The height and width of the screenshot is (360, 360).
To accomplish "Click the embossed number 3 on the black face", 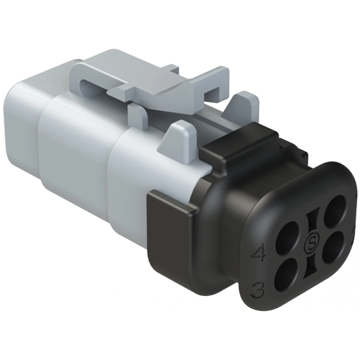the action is [258, 289].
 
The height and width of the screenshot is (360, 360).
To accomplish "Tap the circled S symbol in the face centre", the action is [311, 243].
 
